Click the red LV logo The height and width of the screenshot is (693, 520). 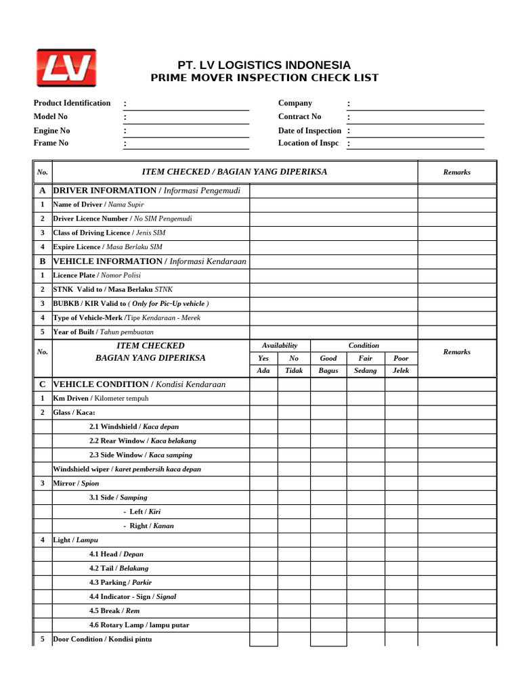coord(66,68)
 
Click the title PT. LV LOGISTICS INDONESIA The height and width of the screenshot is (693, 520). coord(264,65)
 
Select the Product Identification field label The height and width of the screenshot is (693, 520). coord(72,103)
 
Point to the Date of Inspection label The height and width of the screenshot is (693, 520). coord(309,131)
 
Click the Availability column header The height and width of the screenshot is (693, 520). coord(280,345)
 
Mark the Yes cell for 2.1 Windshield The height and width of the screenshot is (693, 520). coord(263,426)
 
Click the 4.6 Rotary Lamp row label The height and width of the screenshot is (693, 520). coord(139,625)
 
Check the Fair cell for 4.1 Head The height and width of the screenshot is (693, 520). coord(366,554)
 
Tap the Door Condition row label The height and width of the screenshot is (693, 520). coord(102,639)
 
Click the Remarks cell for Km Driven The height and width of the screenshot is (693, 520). coord(456,398)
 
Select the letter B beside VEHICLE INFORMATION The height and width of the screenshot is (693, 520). coord(42,261)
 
